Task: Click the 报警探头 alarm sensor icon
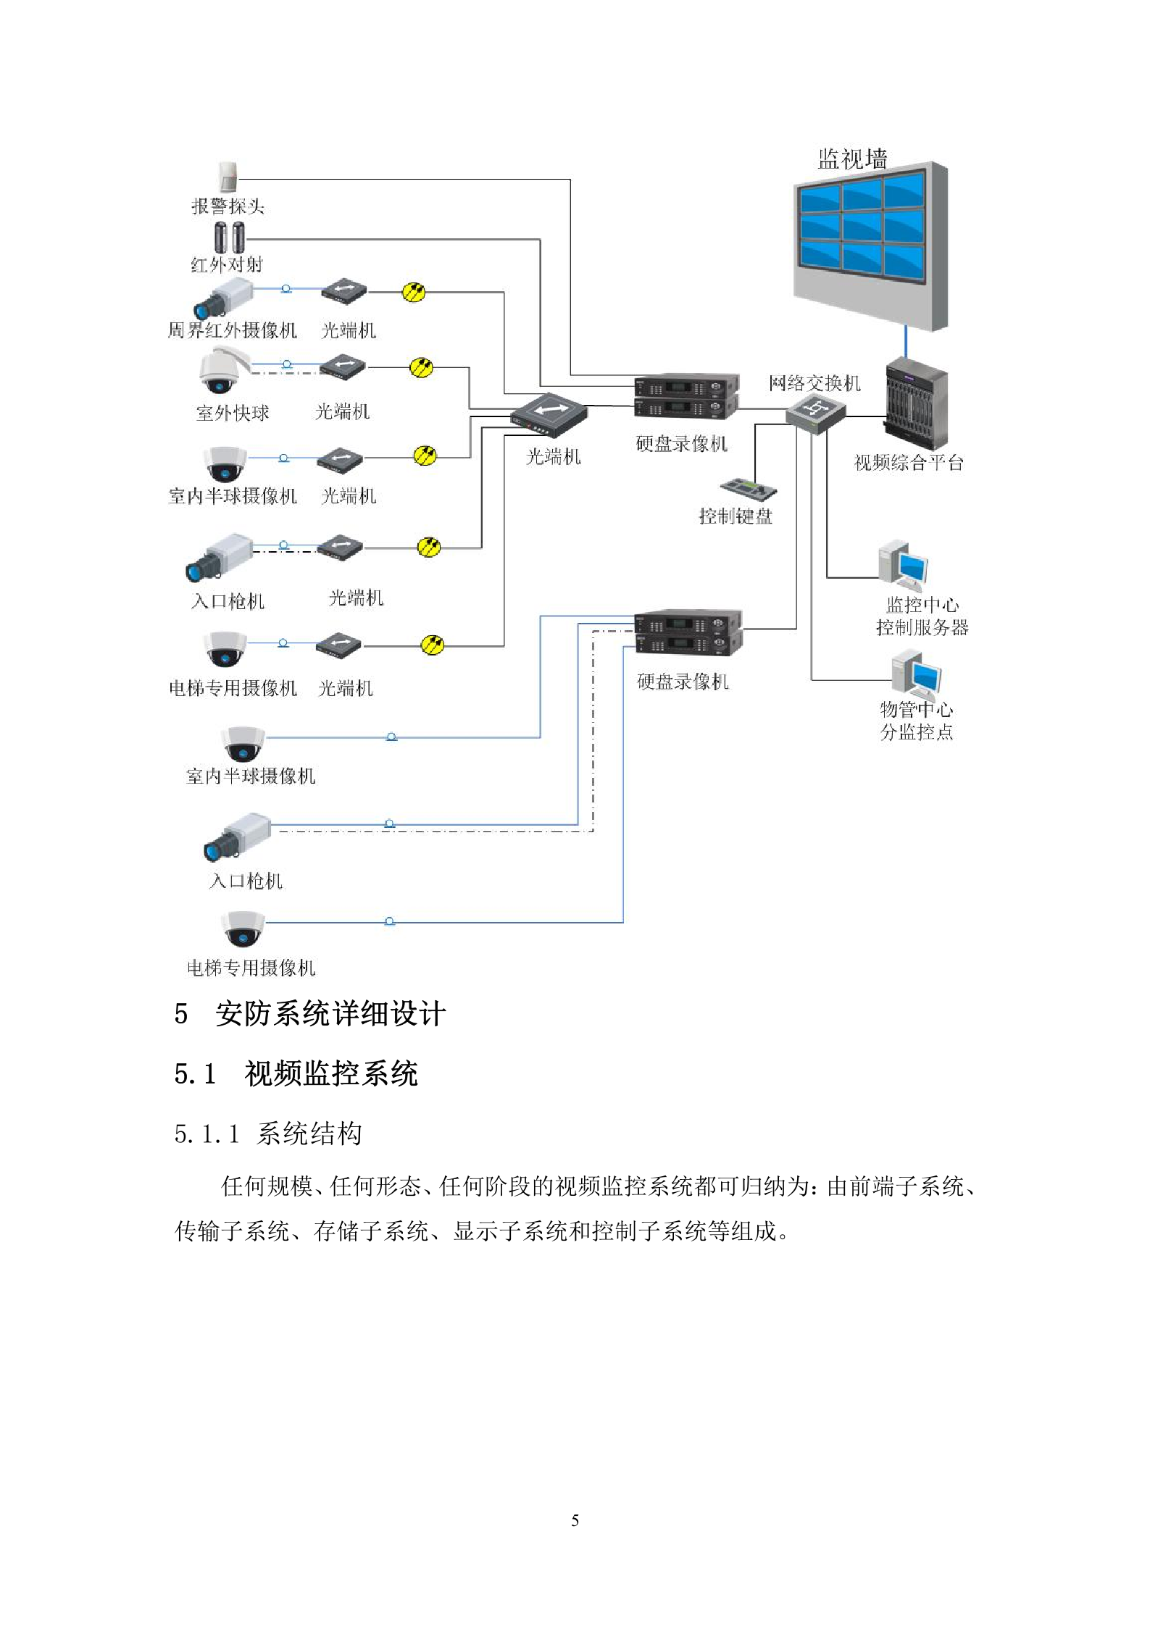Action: tap(228, 177)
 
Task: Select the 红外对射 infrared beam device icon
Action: tap(230, 237)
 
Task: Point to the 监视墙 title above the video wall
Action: tap(852, 159)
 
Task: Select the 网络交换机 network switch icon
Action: tap(815, 414)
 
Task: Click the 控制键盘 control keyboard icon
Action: tap(748, 489)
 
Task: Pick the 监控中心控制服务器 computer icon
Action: tap(903, 565)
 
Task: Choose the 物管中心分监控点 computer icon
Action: tap(916, 675)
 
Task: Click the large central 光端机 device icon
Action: tap(549, 415)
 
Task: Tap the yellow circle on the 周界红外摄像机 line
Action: tap(414, 293)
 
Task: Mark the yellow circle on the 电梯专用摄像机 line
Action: tap(432, 645)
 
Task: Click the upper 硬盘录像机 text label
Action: tap(681, 443)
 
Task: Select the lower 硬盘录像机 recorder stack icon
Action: tap(687, 633)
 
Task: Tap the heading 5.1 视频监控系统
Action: tap(296, 1073)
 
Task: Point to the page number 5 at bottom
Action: tap(575, 1520)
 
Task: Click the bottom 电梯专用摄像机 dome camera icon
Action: tap(243, 929)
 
